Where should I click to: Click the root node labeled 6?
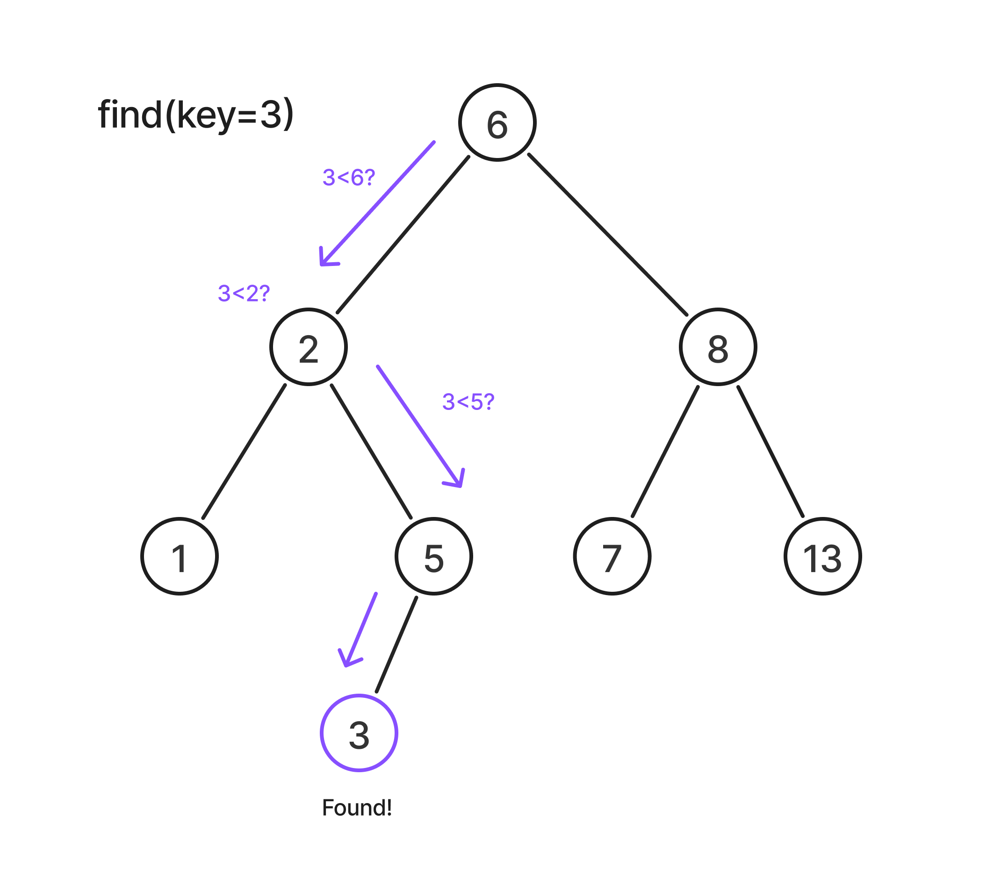pos(497,122)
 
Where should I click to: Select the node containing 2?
pos(309,347)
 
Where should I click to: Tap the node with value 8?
pos(718,347)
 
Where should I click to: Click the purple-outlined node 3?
pos(359,733)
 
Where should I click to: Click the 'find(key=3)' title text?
pos(196,115)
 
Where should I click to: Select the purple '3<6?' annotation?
pos(348,178)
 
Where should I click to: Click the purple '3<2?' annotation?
pos(244,294)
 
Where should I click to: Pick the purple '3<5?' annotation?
pos(468,402)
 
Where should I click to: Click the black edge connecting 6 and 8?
pos(607,235)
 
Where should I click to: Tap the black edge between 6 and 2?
pos(403,235)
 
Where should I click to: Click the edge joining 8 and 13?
pos(771,452)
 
